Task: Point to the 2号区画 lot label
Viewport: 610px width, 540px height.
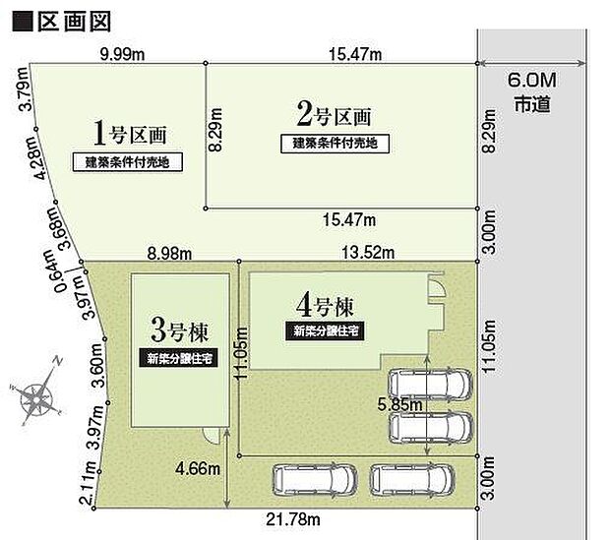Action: (x=335, y=115)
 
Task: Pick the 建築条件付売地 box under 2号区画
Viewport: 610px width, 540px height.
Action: (x=335, y=144)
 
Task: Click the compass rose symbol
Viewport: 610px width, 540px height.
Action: (x=38, y=396)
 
